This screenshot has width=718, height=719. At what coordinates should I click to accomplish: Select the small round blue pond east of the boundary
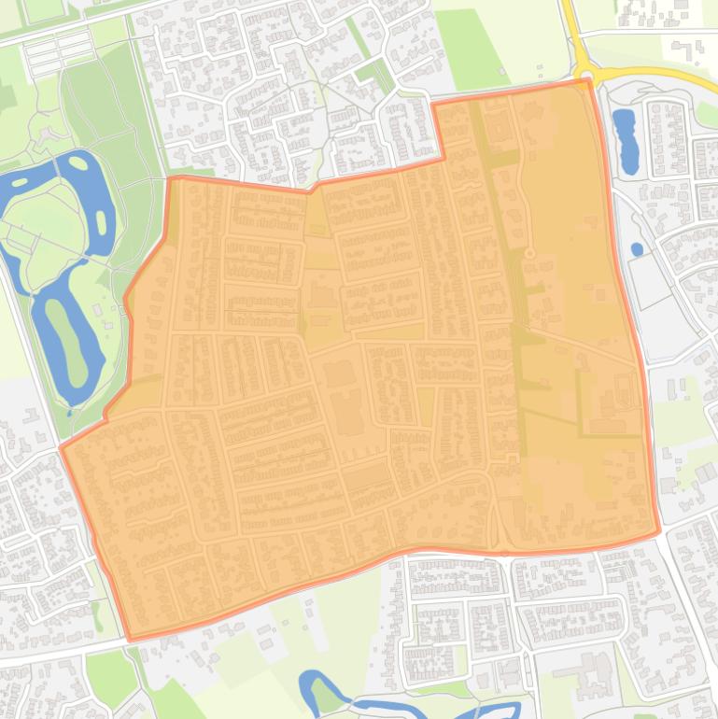coord(637,249)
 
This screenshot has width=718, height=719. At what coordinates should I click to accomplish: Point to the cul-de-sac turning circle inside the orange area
coord(529,253)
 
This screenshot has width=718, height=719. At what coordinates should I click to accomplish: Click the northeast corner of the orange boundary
coord(587,82)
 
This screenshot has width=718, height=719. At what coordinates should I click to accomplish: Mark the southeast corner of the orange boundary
coord(657,532)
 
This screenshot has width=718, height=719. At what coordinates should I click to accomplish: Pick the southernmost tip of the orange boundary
coord(132,640)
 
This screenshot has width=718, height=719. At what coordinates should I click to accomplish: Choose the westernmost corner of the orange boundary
coord(62,448)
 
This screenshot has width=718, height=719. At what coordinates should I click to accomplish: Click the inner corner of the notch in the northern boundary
coord(439,159)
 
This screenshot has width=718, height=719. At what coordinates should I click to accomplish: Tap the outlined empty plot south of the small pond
coord(649,281)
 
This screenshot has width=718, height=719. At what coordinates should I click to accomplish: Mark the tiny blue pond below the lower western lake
coord(69,412)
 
